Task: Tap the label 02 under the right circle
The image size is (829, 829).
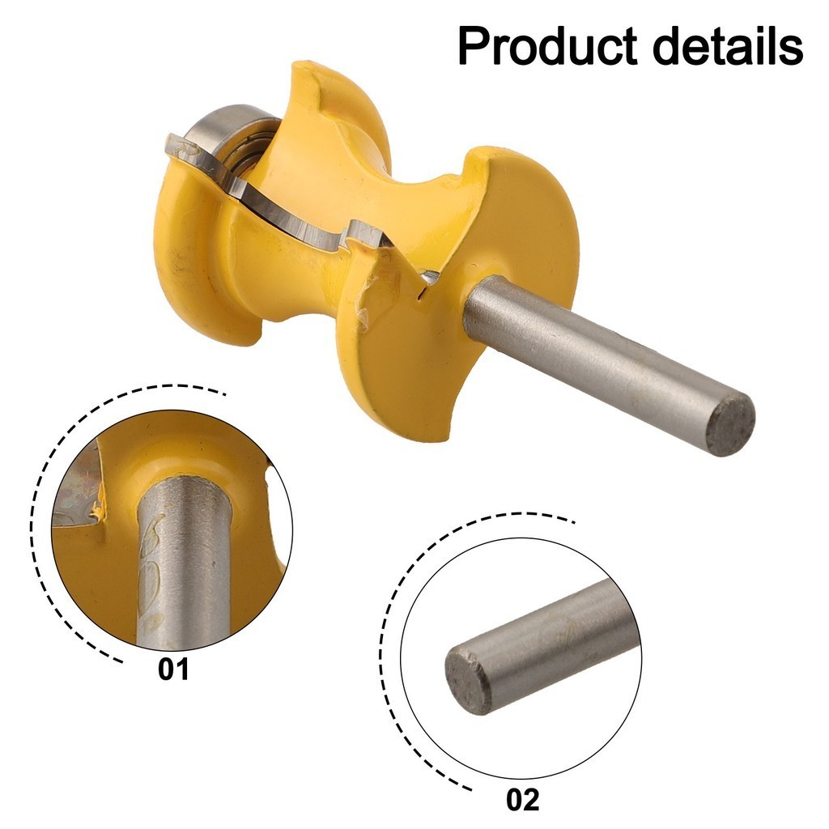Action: pyautogui.click(x=522, y=800)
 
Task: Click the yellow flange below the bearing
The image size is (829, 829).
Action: pyautogui.click(x=194, y=267)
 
